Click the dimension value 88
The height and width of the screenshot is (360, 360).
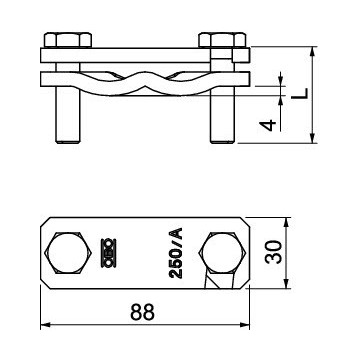tap(143, 313)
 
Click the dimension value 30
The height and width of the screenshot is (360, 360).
tap(274, 252)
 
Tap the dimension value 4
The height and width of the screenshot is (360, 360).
tap(268, 125)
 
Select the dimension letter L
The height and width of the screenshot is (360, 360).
tap(299, 94)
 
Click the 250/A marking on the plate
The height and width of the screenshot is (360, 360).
tap(176, 253)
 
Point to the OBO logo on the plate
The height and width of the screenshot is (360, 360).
tap(108, 253)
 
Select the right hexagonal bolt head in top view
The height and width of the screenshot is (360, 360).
tap(222, 253)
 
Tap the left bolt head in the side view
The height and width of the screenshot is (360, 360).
tap(68, 40)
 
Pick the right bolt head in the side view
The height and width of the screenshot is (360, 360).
tap(222, 40)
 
